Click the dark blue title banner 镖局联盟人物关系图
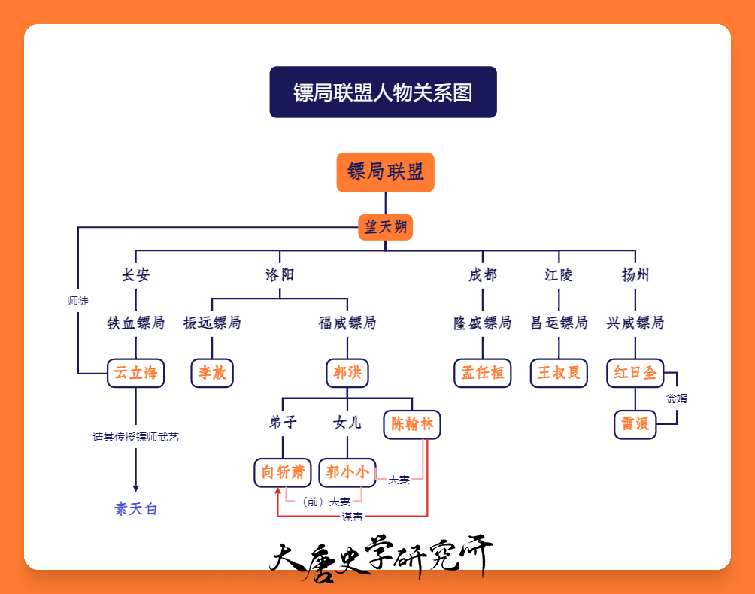pos(383,92)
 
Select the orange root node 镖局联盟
pos(385,172)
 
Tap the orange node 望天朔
pos(385,227)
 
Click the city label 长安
pos(136,275)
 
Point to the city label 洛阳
pos(280,275)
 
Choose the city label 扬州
pos(635,275)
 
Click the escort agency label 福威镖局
pos(347,323)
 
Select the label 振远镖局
pos(212,323)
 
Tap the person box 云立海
pos(136,373)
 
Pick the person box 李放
pos(212,373)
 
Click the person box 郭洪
pos(347,373)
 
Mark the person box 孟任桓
pos(483,373)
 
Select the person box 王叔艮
pos(559,373)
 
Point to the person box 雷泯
pos(635,425)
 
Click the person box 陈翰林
pos(412,425)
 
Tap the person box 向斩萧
pos(283,473)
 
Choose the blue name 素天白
pos(136,509)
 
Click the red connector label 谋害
pos(352,517)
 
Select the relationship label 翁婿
pos(677,399)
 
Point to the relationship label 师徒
pos(78,301)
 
